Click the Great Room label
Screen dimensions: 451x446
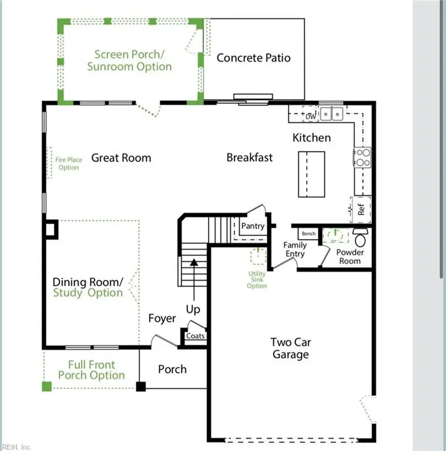click(121, 157)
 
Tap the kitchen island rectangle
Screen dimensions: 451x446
click(311, 175)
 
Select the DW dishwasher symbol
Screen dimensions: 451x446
click(311, 116)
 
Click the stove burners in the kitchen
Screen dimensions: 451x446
click(362, 157)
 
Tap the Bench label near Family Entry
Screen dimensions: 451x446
click(308, 234)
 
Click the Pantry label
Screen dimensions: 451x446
click(253, 226)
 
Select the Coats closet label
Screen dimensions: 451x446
click(196, 336)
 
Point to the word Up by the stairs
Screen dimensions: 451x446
click(193, 309)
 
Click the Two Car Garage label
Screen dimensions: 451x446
click(290, 348)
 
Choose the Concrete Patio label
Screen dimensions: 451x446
click(253, 58)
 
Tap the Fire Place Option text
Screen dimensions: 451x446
click(68, 163)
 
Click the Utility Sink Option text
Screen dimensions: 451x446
click(257, 280)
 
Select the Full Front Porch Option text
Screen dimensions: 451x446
click(91, 370)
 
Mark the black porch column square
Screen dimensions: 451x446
click(141, 386)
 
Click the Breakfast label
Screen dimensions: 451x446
click(249, 157)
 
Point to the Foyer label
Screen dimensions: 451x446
click(162, 318)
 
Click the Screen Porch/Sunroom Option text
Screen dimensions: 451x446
click(129, 60)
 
